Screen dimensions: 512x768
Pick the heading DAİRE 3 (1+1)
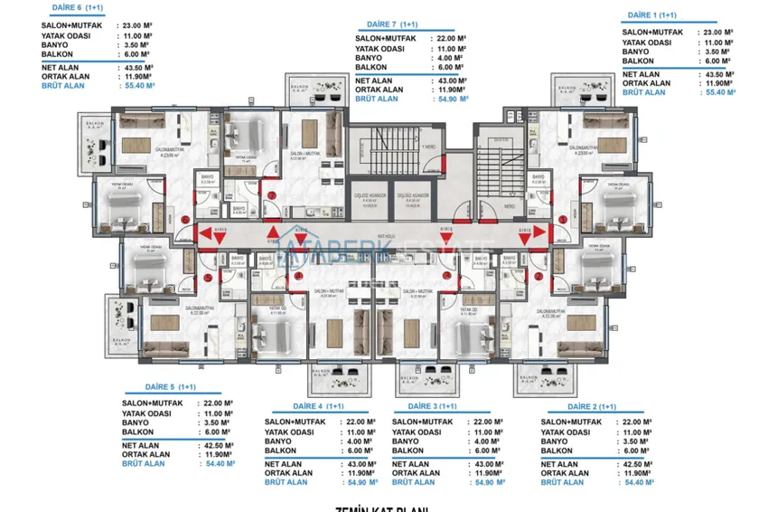click(x=427, y=407)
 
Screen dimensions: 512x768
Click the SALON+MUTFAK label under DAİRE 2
click(x=577, y=422)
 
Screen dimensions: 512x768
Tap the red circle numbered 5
click(x=208, y=279)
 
